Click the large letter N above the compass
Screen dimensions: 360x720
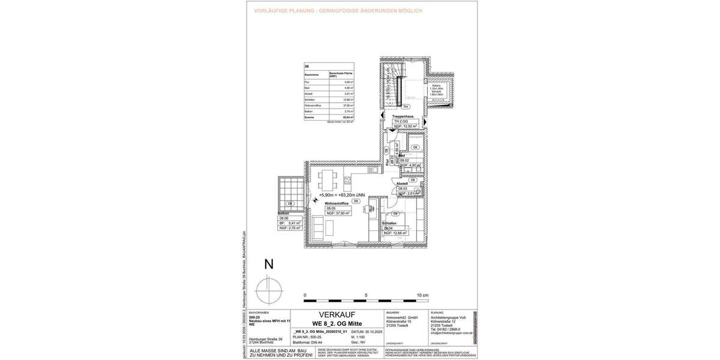(x=269, y=265)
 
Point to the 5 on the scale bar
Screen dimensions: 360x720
(x=366, y=296)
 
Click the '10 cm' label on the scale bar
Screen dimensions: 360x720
(x=422, y=296)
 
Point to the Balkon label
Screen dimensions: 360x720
(x=284, y=213)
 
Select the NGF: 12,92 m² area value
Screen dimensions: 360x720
(x=409, y=126)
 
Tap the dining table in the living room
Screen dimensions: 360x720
(x=327, y=178)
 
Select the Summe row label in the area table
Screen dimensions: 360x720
(x=309, y=118)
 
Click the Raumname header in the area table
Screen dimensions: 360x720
(x=311, y=74)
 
